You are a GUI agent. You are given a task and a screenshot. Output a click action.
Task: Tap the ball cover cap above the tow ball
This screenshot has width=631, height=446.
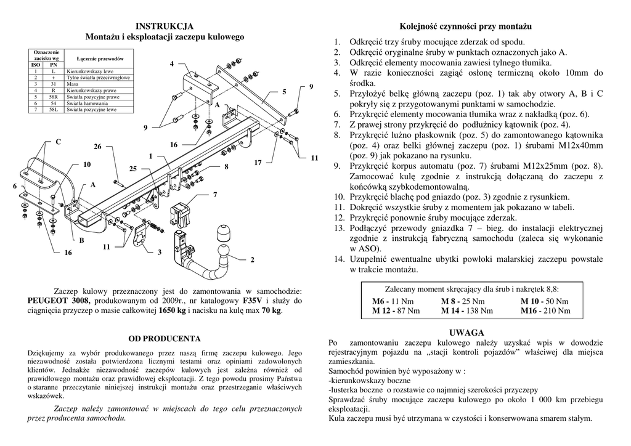pyautogui.click(x=223, y=234)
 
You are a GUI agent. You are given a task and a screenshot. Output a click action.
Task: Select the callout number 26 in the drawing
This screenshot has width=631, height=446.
pyautogui.click(x=97, y=146)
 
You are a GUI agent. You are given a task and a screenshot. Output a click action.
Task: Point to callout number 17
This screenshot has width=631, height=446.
pyautogui.click(x=258, y=163)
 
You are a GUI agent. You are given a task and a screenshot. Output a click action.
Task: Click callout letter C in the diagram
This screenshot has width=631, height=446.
pyautogui.click(x=59, y=142)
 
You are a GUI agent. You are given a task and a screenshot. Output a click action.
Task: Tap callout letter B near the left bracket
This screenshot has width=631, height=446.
pyautogui.click(x=81, y=239)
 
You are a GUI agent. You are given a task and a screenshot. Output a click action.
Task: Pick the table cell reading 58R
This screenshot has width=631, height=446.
pyautogui.click(x=54, y=97)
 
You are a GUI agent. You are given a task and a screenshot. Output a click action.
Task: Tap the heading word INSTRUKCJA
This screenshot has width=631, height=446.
pyautogui.click(x=165, y=26)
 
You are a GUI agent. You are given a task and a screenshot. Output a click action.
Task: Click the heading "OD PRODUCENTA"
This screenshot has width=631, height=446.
pyautogui.click(x=165, y=338)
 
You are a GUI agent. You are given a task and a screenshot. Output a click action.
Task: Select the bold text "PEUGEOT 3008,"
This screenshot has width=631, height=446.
pyautogui.click(x=59, y=301)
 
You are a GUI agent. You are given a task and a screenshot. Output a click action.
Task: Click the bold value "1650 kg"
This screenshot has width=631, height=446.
pyautogui.click(x=172, y=311)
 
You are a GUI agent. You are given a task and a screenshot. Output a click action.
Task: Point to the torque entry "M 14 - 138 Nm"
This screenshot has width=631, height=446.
pyautogui.click(x=467, y=311)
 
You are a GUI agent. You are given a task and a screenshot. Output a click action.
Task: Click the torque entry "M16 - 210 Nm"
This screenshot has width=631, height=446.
pyautogui.click(x=545, y=311)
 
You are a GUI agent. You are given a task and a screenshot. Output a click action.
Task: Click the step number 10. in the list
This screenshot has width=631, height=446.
pyautogui.click(x=340, y=196)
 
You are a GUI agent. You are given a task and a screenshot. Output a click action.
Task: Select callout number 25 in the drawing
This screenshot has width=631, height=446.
pyautogui.click(x=132, y=168)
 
